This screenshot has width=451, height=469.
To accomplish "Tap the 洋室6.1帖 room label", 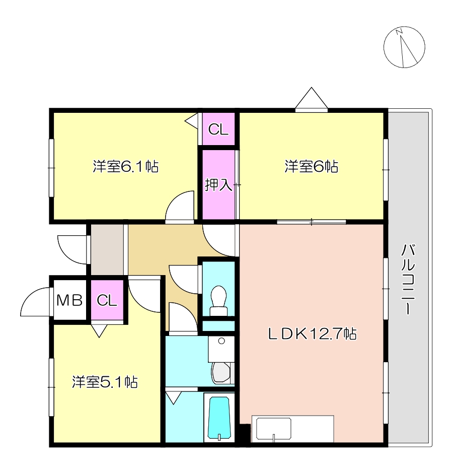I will click(x=126, y=167).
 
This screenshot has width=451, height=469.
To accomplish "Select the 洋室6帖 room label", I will click(x=311, y=167).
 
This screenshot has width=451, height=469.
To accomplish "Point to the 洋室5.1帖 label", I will click(x=105, y=382).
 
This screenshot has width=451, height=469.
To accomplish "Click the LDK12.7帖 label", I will click(x=312, y=333).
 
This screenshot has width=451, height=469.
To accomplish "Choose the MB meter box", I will click(x=69, y=301).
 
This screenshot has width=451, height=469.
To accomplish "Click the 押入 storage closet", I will click(x=218, y=185).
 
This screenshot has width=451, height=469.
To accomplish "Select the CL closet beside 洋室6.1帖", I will click(x=218, y=129).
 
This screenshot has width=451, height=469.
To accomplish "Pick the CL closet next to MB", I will click(x=107, y=301).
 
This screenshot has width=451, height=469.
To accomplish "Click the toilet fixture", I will click(x=218, y=299).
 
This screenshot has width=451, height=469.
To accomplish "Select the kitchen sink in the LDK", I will click(x=274, y=429).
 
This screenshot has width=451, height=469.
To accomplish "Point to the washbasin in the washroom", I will click(x=221, y=372).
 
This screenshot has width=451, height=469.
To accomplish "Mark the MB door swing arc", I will click(x=35, y=302).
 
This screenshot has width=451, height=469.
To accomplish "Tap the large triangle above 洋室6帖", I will click(x=312, y=99).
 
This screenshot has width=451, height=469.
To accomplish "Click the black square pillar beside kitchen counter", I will click(x=244, y=434).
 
